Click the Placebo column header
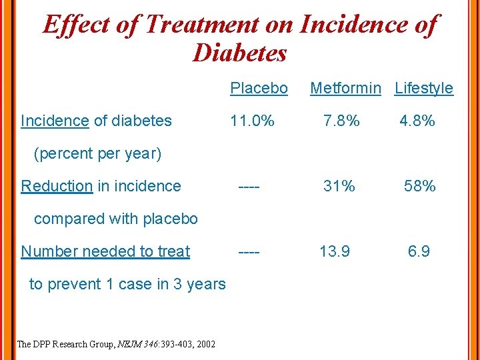coord(259,88)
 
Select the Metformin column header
coord(345,88)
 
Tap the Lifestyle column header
coord(424,88)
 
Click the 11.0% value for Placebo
coord(252,121)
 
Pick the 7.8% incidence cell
coord(341,121)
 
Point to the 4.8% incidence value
coord(417,121)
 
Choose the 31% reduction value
coord(339,186)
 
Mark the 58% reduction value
coord(420,186)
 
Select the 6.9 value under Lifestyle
coord(419,251)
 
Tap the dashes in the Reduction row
coord(249,186)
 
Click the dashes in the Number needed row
coord(249,251)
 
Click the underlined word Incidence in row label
coord(55,121)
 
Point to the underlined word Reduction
coord(57,186)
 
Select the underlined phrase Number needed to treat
coord(105,251)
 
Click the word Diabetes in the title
coord(239,53)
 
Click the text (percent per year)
coord(97,153)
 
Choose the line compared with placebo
coord(115,219)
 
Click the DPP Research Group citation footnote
coord(115,344)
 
